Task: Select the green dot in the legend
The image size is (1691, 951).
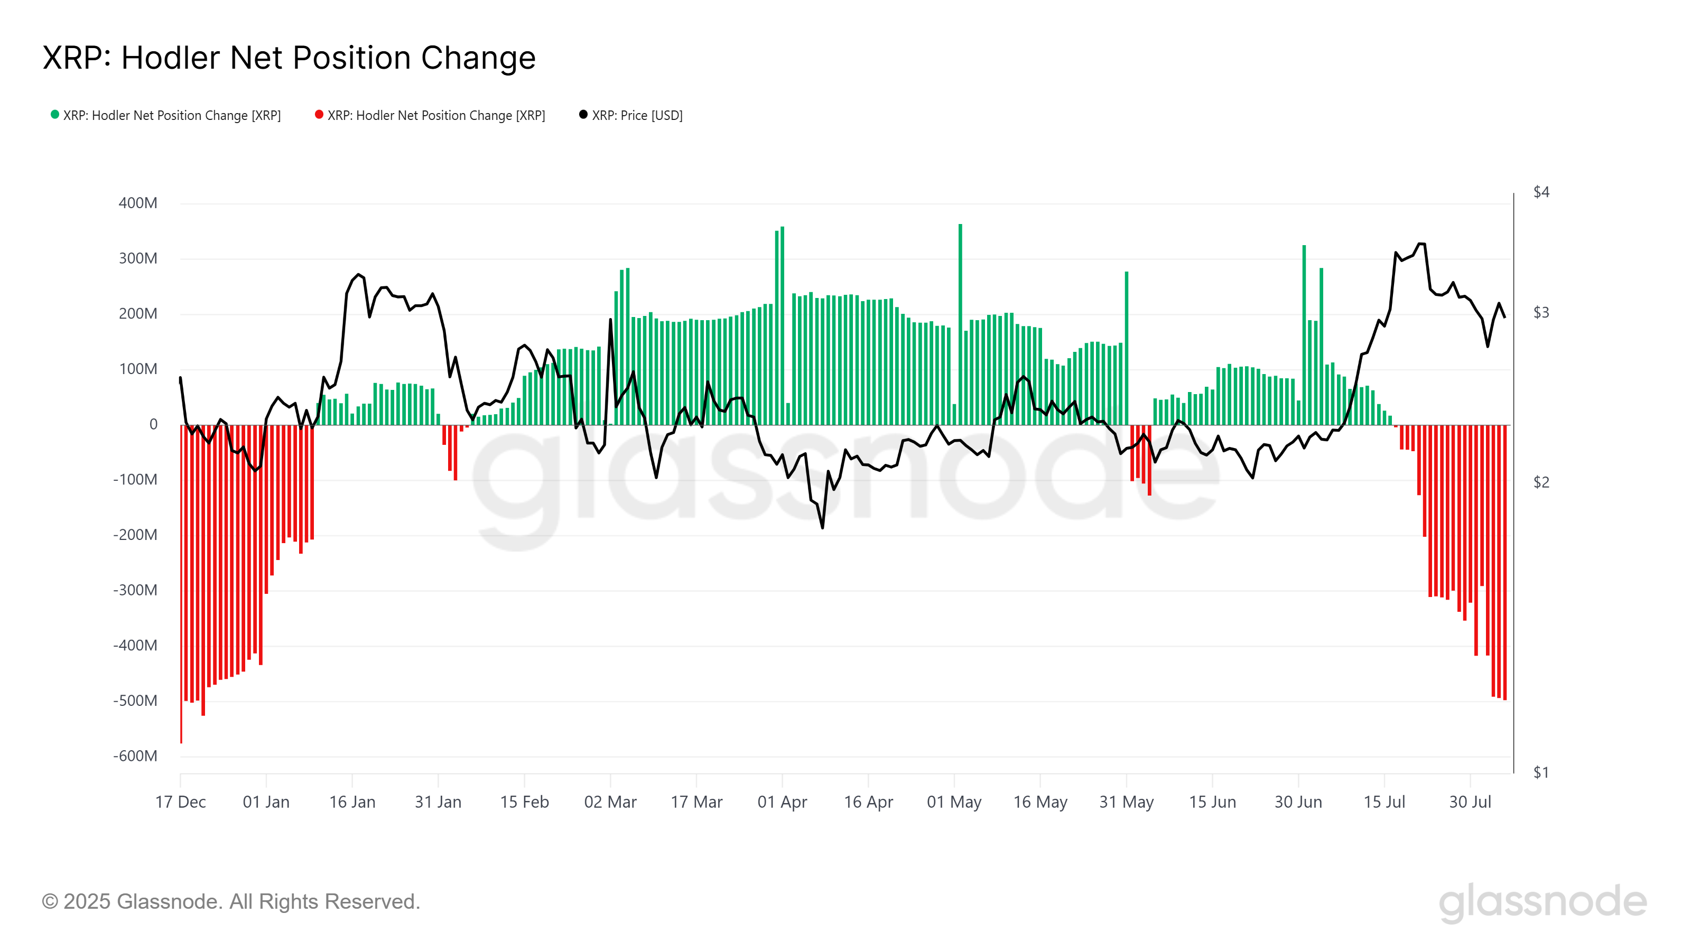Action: (55, 115)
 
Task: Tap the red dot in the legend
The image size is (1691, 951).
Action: (319, 115)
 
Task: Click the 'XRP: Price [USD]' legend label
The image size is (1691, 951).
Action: (637, 116)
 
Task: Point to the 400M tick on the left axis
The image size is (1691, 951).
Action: (138, 203)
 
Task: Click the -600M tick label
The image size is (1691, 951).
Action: (135, 756)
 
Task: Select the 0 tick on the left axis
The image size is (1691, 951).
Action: (154, 425)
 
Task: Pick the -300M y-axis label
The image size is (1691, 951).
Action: (135, 590)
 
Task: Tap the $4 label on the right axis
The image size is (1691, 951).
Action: (1541, 192)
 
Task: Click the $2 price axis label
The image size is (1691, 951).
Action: (1541, 482)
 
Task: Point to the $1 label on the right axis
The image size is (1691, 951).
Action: (1541, 772)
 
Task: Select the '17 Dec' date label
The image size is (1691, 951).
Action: (181, 802)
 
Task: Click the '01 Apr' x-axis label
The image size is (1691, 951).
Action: (782, 802)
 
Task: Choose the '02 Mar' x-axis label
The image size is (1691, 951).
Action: (610, 802)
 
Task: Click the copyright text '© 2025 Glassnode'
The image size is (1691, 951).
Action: (230, 902)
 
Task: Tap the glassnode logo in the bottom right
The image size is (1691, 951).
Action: (1543, 903)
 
